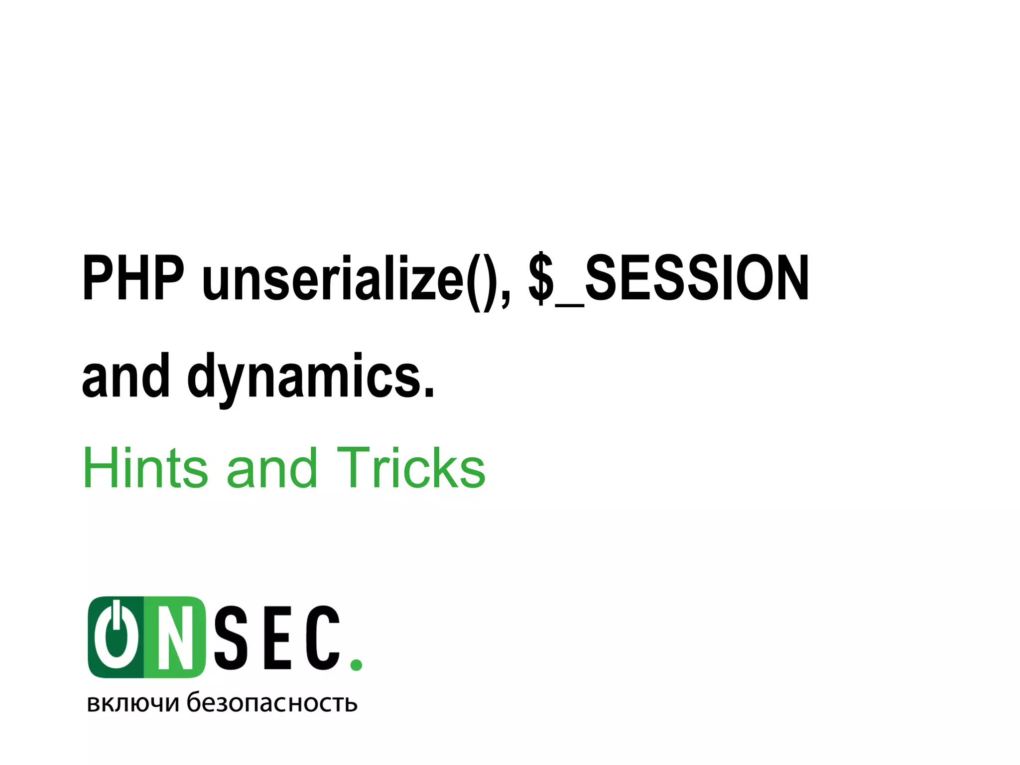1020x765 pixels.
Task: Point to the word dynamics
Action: click(304, 377)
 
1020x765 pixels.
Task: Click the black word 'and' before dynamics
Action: click(126, 376)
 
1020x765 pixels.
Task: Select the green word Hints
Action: click(145, 468)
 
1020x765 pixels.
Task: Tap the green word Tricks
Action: click(411, 468)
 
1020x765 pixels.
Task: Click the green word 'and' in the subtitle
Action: click(271, 468)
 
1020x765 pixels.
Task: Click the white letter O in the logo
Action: click(116, 638)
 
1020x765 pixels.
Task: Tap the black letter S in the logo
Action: click(231, 638)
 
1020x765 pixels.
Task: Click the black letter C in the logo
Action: click(323, 638)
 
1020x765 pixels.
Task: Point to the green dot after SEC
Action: click(356, 664)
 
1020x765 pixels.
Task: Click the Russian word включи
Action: click(132, 703)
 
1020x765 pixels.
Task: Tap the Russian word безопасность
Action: click(272, 702)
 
